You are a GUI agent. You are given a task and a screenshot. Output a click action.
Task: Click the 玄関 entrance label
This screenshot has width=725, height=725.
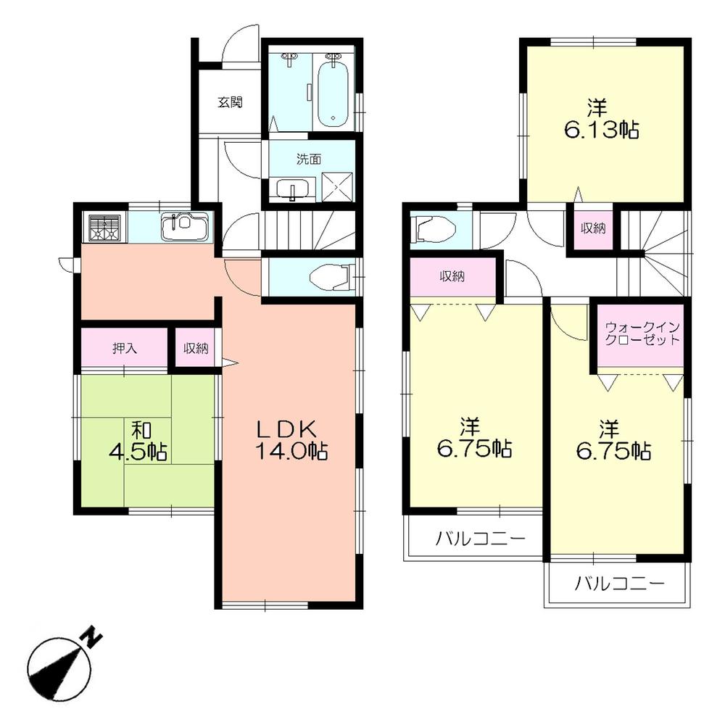click(x=228, y=102)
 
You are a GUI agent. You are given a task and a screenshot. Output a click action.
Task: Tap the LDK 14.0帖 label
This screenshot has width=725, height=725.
click(x=290, y=440)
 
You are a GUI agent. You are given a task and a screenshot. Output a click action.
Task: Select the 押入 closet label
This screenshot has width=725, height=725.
click(x=124, y=348)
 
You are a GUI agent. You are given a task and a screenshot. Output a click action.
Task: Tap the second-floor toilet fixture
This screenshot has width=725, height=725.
click(x=434, y=230)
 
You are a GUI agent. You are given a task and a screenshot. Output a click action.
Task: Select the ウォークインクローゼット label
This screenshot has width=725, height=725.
click(x=642, y=333)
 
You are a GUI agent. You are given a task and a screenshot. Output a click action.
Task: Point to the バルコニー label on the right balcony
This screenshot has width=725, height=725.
click(x=619, y=582)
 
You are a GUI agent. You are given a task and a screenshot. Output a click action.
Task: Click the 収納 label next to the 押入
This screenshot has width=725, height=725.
click(x=195, y=349)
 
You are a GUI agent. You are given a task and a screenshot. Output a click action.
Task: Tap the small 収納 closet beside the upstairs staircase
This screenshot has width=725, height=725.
click(x=594, y=228)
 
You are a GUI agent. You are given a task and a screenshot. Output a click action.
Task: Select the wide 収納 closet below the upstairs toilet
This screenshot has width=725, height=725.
click(x=454, y=276)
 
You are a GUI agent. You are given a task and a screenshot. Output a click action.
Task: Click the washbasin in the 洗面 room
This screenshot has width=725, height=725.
click(x=293, y=189)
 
